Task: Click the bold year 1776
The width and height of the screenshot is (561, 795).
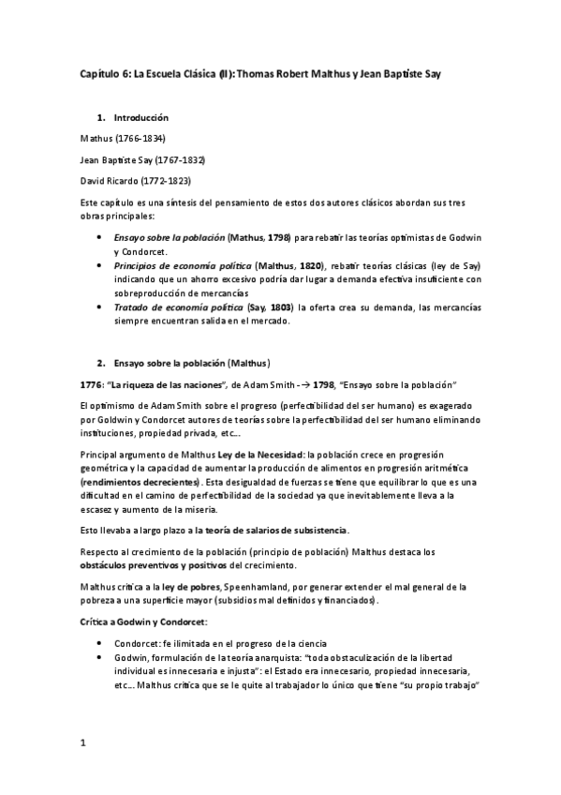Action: (x=93, y=384)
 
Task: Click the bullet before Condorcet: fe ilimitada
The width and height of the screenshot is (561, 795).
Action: (x=101, y=644)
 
